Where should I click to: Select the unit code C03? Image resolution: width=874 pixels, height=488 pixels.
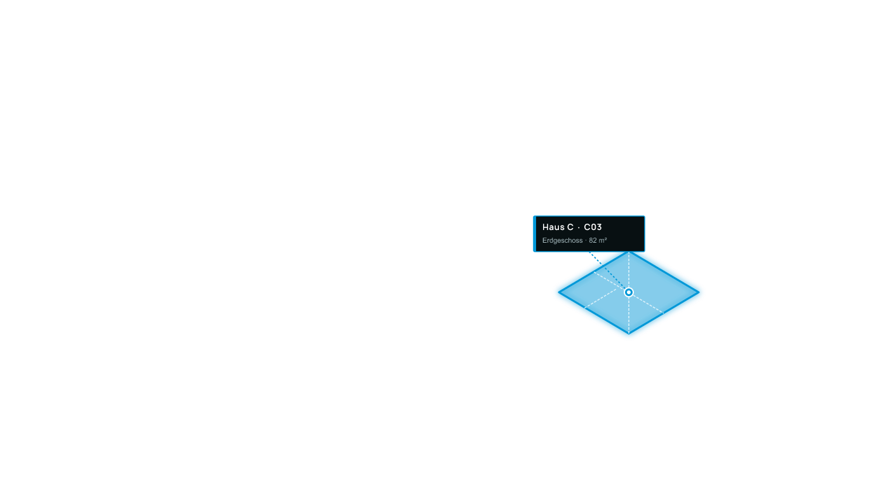(x=593, y=227)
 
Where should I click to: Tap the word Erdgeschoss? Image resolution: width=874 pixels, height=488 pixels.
(x=562, y=240)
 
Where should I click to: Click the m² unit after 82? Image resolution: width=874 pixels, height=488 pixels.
(x=603, y=240)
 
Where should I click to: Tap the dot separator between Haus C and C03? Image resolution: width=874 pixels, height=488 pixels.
(x=579, y=227)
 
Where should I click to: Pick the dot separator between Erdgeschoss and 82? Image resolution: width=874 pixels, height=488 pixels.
(x=586, y=240)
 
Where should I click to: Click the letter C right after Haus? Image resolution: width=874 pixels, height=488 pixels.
(x=570, y=227)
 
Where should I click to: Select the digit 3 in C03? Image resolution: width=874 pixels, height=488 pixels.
(x=599, y=227)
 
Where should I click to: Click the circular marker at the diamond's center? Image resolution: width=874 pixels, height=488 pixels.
(x=629, y=292)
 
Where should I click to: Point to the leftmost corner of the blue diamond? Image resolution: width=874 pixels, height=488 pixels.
(x=559, y=292)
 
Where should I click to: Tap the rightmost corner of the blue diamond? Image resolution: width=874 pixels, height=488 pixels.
(x=699, y=292)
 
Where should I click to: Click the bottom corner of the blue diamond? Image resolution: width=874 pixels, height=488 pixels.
(x=629, y=334)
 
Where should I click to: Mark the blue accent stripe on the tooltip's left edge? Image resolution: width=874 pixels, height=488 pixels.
(x=535, y=233)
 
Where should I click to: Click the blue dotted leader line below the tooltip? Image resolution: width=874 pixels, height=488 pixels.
(x=607, y=270)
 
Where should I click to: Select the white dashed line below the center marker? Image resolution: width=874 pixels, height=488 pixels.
(x=629, y=315)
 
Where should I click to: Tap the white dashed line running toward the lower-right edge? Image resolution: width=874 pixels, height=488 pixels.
(x=648, y=304)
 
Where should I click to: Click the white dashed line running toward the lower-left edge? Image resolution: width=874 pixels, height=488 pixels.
(x=600, y=299)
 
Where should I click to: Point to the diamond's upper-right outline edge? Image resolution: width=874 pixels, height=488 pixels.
(x=664, y=271)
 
